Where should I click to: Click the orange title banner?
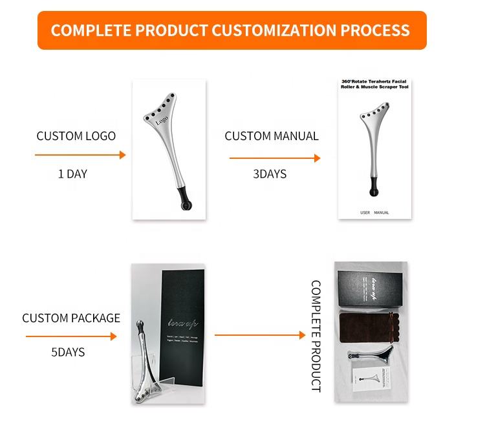click(x=230, y=30)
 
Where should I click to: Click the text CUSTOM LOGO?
click(x=76, y=136)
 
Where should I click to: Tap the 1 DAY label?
click(x=72, y=174)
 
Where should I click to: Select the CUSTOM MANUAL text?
click(x=272, y=136)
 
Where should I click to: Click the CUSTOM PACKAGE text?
click(x=71, y=318)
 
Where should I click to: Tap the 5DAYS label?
click(x=68, y=353)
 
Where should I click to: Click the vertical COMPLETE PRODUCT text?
click(x=316, y=335)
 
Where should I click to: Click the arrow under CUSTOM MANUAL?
click(x=275, y=158)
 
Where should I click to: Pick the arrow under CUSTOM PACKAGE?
click(x=71, y=336)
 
